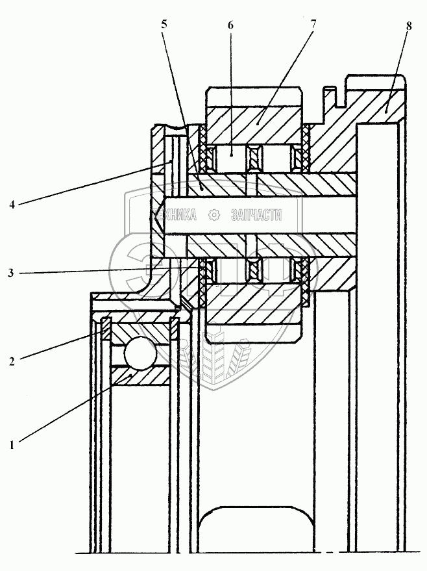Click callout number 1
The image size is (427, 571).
pos(12,445)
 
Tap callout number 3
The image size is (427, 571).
pos(12,273)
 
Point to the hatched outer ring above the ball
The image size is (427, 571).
pos(140,331)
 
